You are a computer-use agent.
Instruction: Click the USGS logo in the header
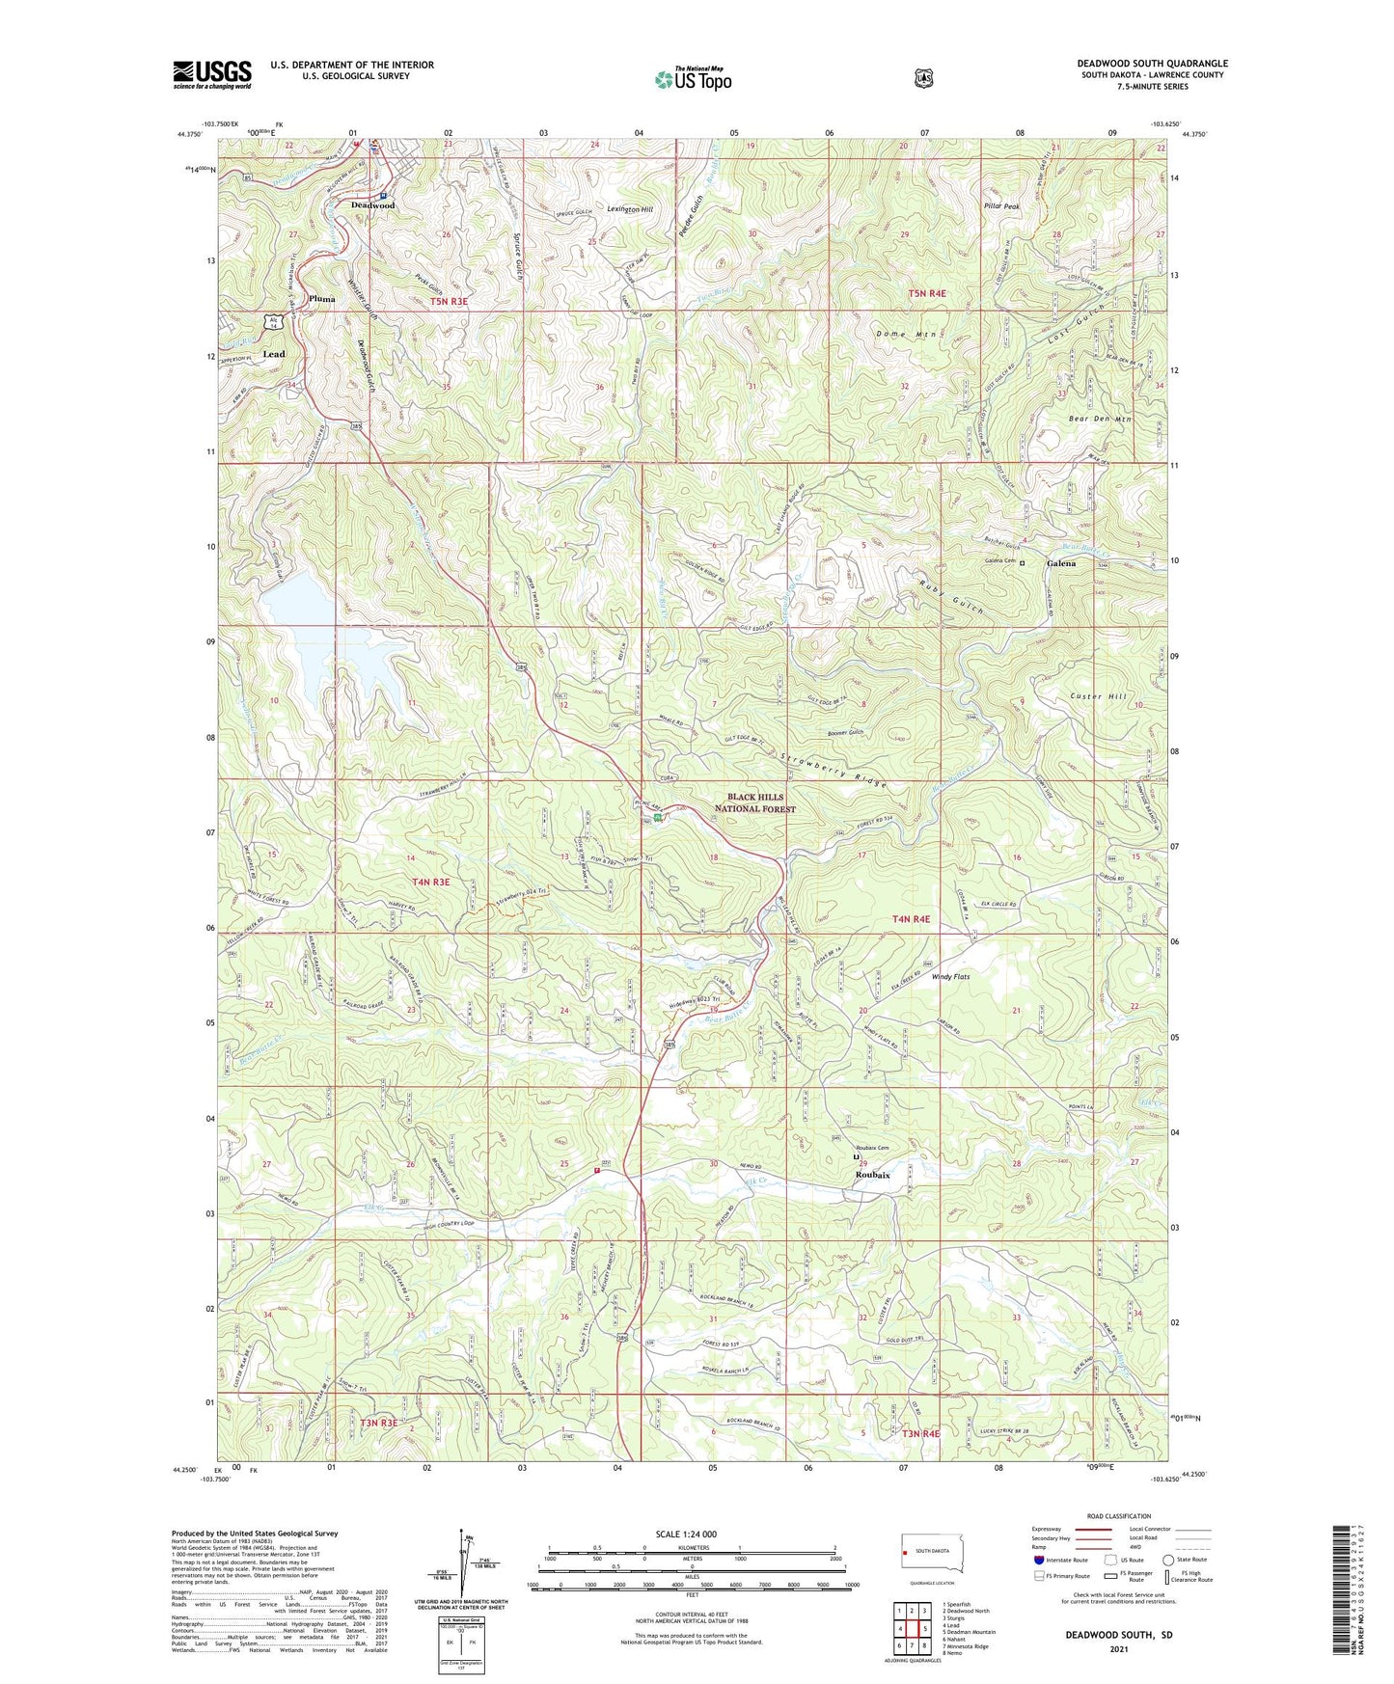click(212, 74)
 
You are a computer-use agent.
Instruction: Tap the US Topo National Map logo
click(692, 79)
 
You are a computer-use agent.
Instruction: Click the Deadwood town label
click(372, 205)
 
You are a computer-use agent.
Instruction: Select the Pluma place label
click(322, 299)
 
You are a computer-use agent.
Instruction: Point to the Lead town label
click(274, 354)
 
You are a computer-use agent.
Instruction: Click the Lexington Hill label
click(630, 209)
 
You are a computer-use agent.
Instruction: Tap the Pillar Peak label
click(1001, 206)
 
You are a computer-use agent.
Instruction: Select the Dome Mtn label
click(905, 335)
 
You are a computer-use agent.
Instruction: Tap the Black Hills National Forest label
click(755, 803)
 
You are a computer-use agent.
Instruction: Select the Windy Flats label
click(950, 977)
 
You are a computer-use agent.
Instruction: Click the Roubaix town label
click(872, 1176)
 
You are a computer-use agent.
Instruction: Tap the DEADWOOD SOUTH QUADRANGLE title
click(1152, 64)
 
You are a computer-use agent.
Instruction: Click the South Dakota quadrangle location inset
click(926, 1555)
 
